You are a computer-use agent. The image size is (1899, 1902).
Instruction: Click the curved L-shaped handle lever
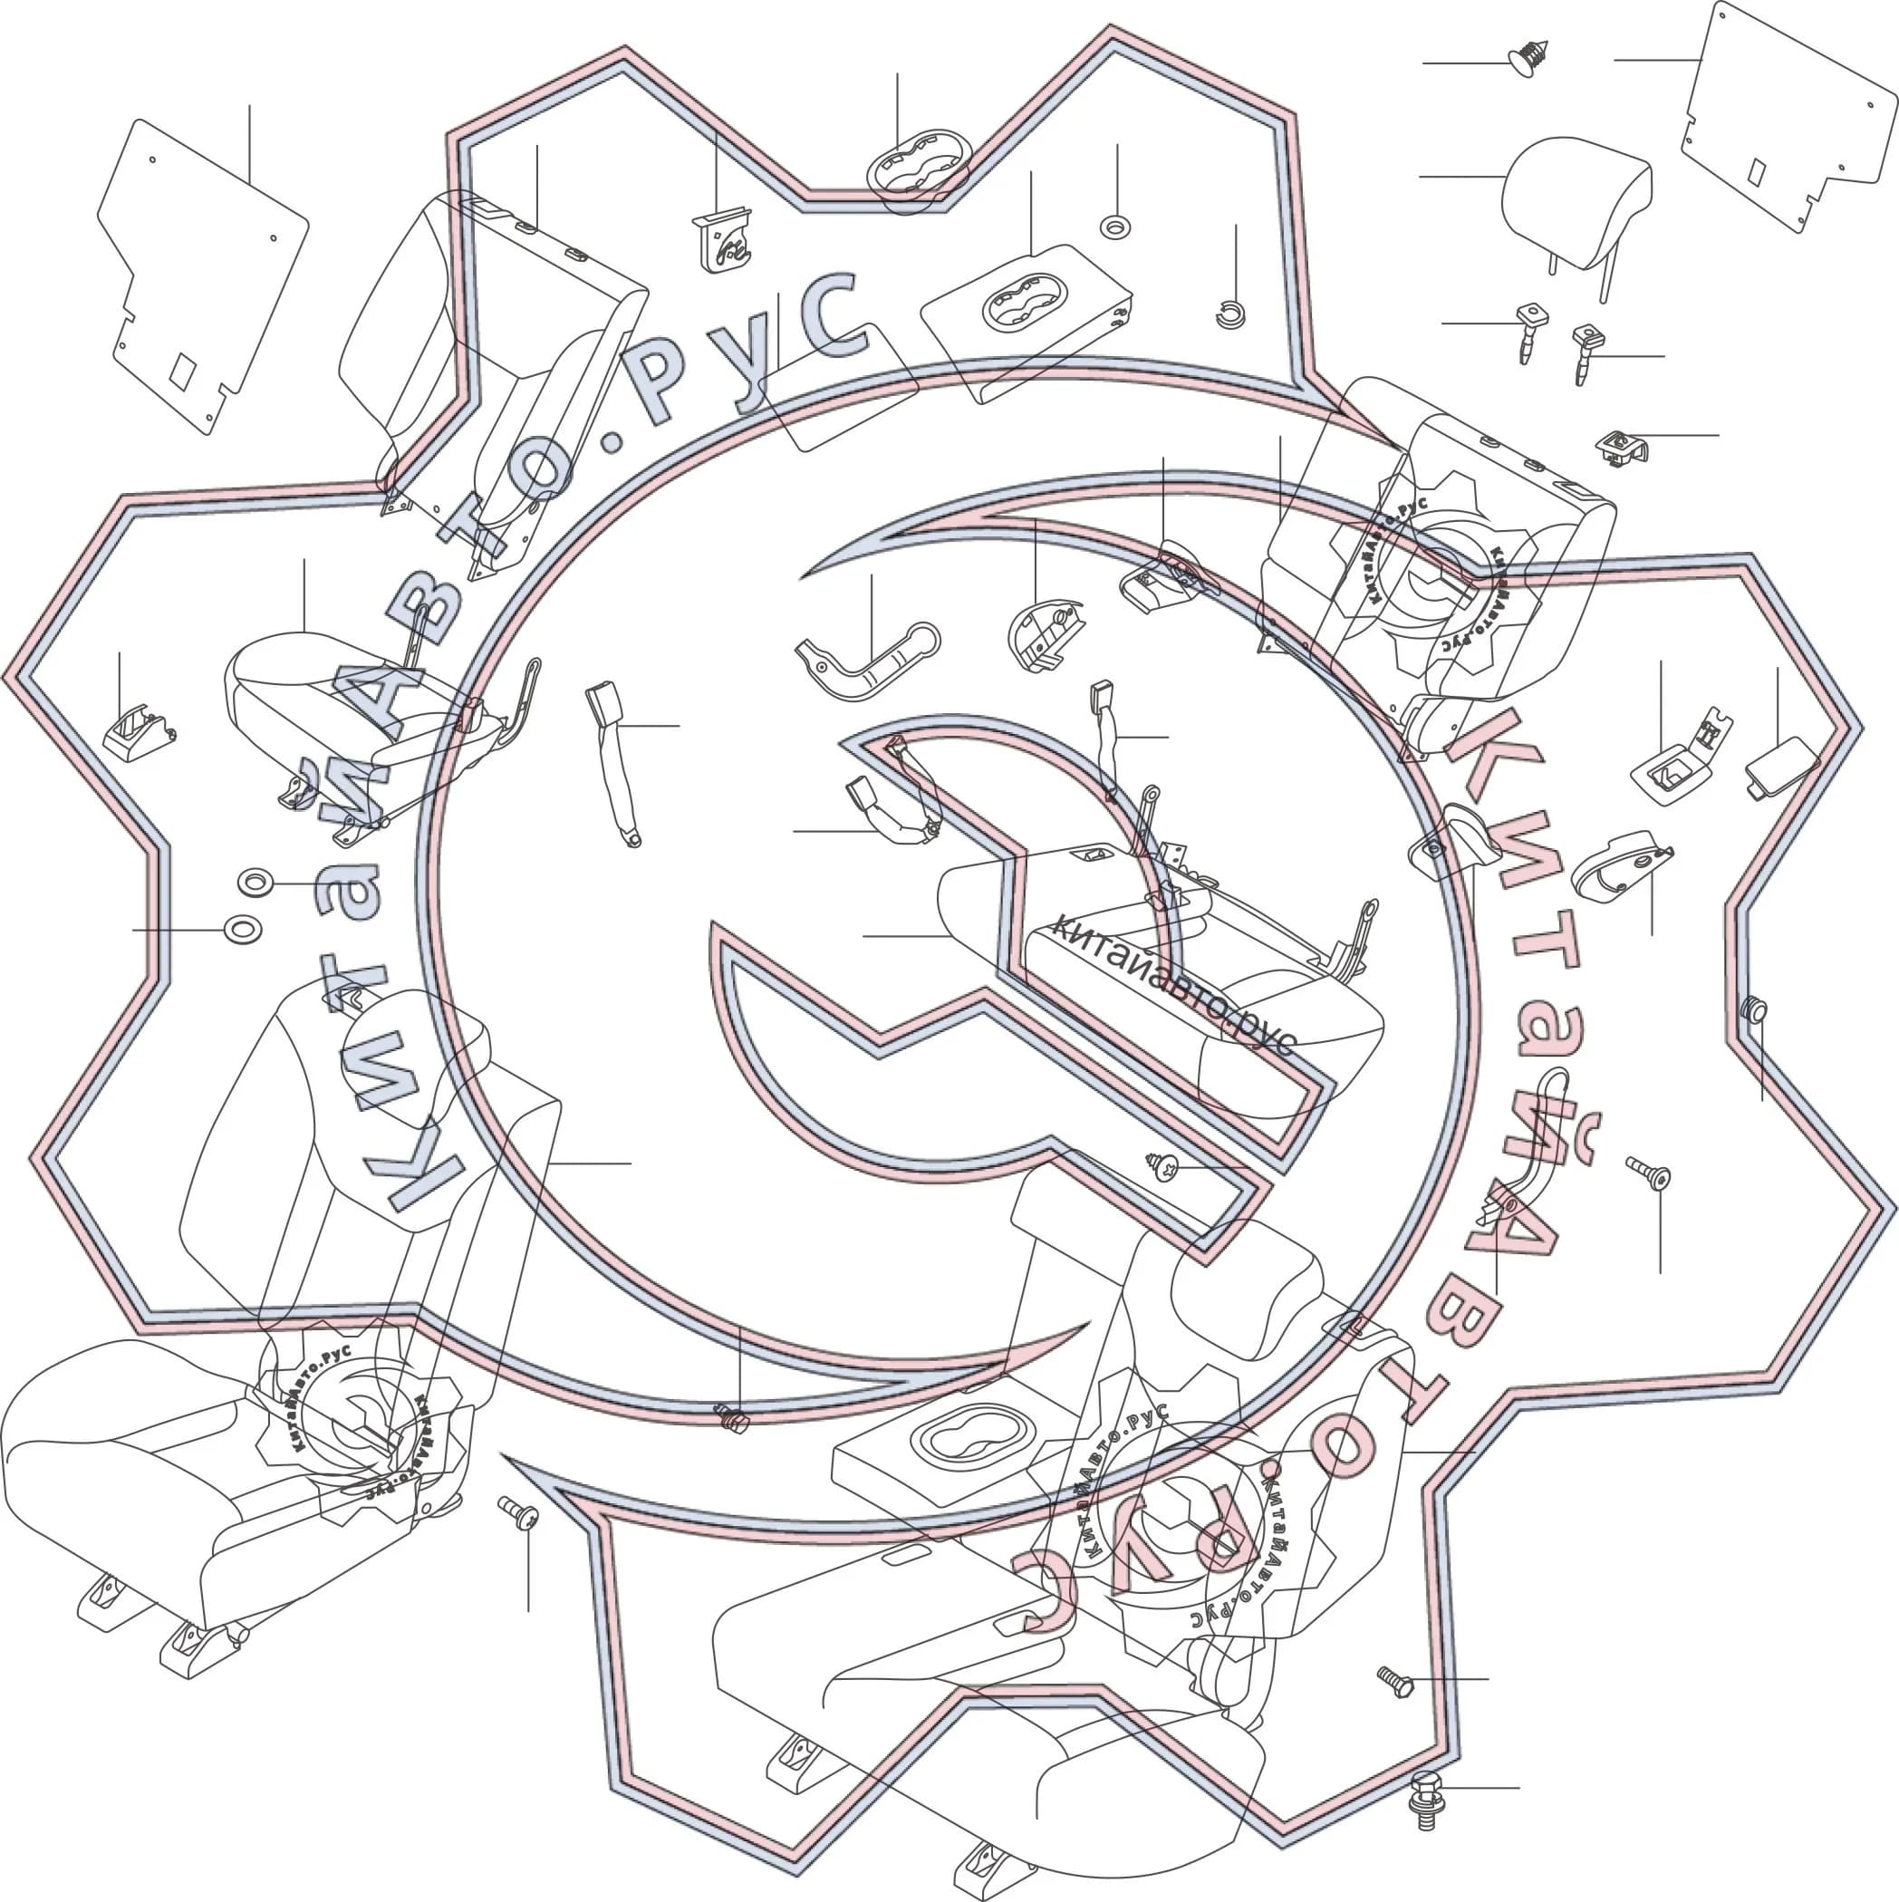[866, 661]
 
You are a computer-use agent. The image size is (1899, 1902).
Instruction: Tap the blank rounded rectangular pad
[840, 387]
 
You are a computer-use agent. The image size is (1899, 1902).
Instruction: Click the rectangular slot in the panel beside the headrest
[1756, 171]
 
